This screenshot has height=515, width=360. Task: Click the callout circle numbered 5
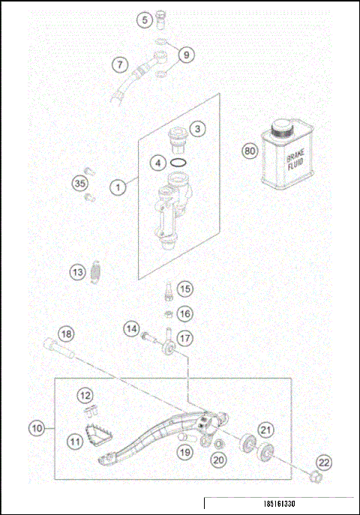click(145, 20)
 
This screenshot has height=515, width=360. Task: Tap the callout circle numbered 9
click(187, 54)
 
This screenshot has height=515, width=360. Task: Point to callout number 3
click(197, 129)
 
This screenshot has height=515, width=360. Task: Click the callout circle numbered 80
click(250, 151)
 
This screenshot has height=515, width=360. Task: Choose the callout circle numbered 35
click(79, 184)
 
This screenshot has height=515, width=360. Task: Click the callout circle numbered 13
click(78, 273)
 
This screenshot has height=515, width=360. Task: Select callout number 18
click(67, 334)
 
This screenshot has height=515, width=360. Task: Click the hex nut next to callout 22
click(316, 476)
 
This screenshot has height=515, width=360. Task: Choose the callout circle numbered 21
click(266, 430)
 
